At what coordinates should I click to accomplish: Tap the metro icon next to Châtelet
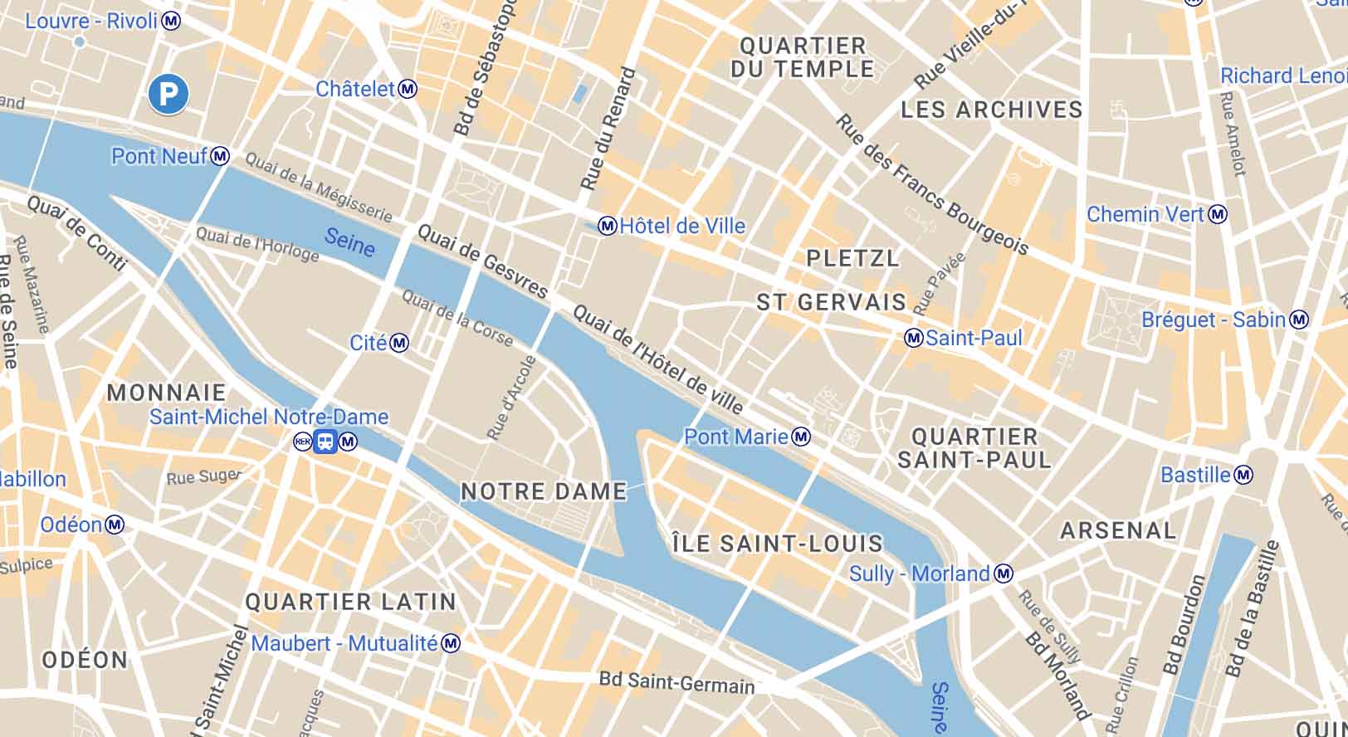pyautogui.click(x=408, y=89)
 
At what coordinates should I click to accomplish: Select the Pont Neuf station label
pyautogui.click(x=159, y=156)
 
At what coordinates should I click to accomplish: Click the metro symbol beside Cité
pyautogui.click(x=400, y=343)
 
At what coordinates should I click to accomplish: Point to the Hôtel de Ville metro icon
pyautogui.click(x=608, y=226)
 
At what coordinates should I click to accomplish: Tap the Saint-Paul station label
pyautogui.click(x=974, y=338)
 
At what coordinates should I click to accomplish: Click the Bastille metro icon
pyautogui.click(x=1243, y=476)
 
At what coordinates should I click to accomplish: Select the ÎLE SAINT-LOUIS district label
pyautogui.click(x=777, y=544)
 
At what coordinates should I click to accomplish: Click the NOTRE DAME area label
pyautogui.click(x=544, y=491)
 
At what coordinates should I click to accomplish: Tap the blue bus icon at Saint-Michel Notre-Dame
pyautogui.click(x=325, y=442)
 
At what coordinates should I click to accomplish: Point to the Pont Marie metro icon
pyautogui.click(x=801, y=437)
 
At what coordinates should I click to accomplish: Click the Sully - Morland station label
pyautogui.click(x=919, y=573)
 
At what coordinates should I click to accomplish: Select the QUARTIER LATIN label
pyautogui.click(x=350, y=602)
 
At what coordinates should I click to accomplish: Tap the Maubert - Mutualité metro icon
pyautogui.click(x=451, y=643)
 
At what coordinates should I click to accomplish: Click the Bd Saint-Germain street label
pyautogui.click(x=676, y=683)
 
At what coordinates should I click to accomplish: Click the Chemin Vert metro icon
pyautogui.click(x=1218, y=215)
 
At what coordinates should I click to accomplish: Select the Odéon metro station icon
pyautogui.click(x=115, y=525)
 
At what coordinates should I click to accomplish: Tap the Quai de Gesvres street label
pyautogui.click(x=482, y=261)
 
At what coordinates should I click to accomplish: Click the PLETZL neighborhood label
pyautogui.click(x=852, y=258)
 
